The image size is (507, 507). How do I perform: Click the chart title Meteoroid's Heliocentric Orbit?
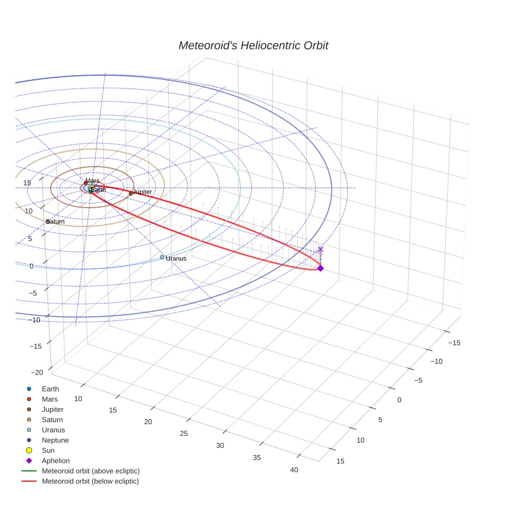pos(253,46)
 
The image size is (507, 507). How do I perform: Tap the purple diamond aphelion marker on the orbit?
pos(320,268)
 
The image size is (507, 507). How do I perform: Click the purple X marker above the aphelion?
pos(320,249)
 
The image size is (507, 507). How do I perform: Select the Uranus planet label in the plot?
pos(176,259)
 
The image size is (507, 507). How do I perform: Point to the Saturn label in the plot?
pos(56,222)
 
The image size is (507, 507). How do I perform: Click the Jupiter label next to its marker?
pos(142,192)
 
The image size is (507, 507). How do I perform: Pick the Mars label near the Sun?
pos(93,181)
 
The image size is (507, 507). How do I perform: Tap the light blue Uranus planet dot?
pos(162,257)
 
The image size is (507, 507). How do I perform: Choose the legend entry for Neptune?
pos(55,441)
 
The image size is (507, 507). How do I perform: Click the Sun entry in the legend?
pos(49,451)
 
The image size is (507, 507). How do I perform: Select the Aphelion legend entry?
pos(56,461)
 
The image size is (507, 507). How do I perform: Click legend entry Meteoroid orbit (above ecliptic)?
pos(90,471)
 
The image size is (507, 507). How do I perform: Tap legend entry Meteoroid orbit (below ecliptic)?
pos(90,481)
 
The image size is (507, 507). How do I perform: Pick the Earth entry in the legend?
pos(50,389)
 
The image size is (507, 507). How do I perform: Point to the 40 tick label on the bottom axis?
pos(294,469)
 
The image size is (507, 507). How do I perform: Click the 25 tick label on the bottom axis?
pos(184,433)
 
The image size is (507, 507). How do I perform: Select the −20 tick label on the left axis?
pos(37,373)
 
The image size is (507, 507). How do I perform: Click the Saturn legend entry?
pos(52,420)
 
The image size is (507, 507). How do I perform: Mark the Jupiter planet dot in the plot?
pos(131,194)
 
